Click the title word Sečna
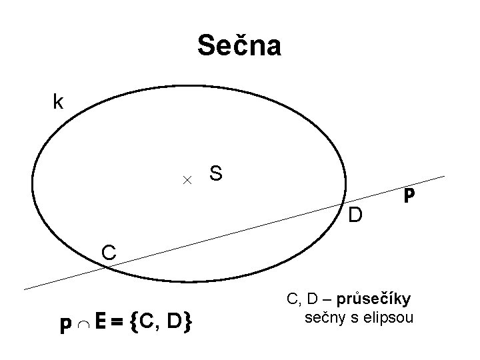239,46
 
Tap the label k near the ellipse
59,102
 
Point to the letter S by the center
216,173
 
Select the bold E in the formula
99,323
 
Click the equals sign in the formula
117,324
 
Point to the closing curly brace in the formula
189,324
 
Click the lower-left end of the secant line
25,289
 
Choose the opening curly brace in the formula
136,324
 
